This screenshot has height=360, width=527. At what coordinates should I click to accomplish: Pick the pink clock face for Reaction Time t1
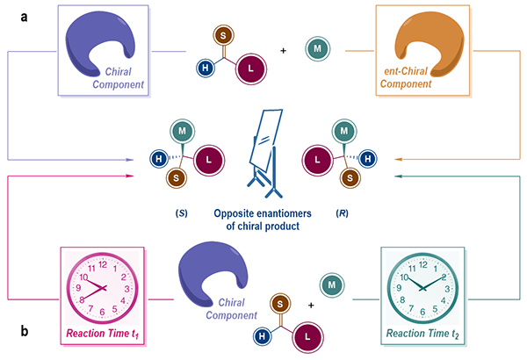[100, 288]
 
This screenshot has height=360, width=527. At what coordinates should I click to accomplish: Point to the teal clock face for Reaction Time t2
[422, 288]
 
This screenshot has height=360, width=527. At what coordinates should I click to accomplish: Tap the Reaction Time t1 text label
[101, 334]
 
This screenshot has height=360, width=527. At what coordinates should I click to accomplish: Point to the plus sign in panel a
[283, 50]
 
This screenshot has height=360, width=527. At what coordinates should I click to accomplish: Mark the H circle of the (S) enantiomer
[160, 159]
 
